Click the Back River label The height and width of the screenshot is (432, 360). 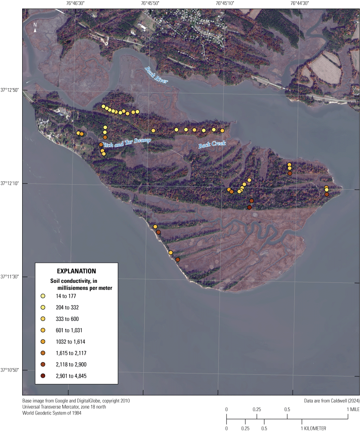pyautogui.click(x=156, y=75)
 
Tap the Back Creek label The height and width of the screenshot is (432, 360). pyautogui.click(x=212, y=145)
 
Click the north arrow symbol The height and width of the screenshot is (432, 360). pyautogui.click(x=36, y=28)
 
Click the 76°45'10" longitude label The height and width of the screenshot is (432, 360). pyautogui.click(x=225, y=3)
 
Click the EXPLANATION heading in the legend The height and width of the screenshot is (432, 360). pyautogui.click(x=77, y=271)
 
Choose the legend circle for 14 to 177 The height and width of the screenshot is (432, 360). pyautogui.click(x=43, y=296)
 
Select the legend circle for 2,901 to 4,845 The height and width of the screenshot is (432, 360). pyautogui.click(x=43, y=376)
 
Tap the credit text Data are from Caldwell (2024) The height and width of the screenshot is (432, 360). pyautogui.click(x=331, y=401)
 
